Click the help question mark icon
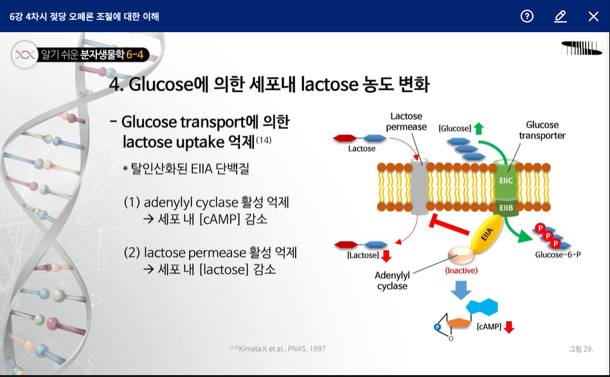pos(527,16)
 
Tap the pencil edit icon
pos(561,16)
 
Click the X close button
pos(593,16)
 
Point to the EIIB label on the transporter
pos(505,208)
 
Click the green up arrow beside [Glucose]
pos(478,128)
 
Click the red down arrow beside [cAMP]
pos(508,327)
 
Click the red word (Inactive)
pos(461,271)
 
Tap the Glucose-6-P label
pos(557,255)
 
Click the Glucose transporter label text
pos(542,130)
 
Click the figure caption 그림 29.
pos(580,349)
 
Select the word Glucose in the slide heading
pos(160,84)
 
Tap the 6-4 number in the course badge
pos(135,55)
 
